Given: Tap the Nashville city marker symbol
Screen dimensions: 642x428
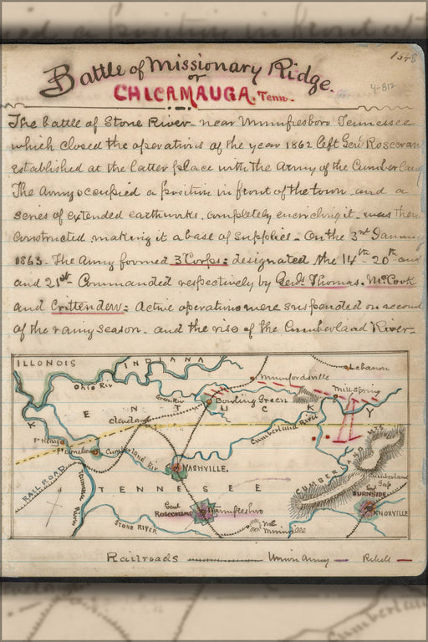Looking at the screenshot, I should [x=177, y=468].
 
